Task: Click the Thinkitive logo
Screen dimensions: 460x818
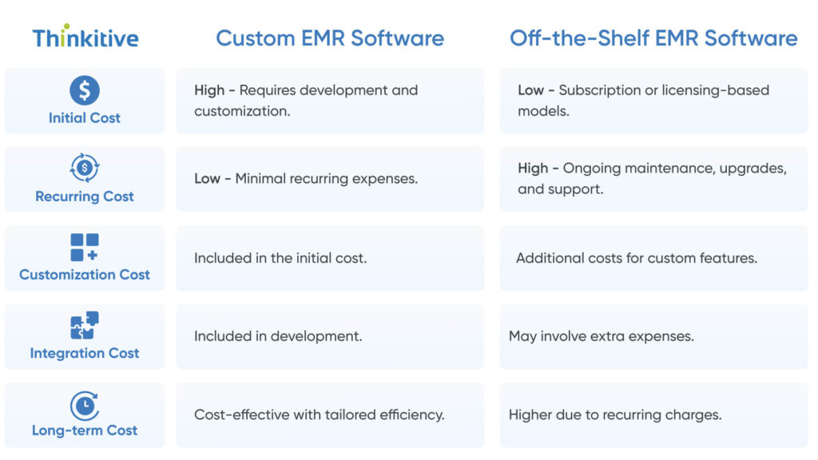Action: click(x=85, y=38)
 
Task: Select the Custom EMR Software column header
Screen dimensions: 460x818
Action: click(x=330, y=38)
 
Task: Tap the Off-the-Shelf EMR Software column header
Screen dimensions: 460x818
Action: click(x=653, y=38)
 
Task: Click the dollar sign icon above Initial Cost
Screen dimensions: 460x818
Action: click(x=85, y=90)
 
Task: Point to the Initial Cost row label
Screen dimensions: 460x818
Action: click(x=85, y=117)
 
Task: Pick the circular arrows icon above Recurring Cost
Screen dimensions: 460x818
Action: click(x=85, y=169)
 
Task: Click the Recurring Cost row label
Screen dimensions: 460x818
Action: click(x=85, y=196)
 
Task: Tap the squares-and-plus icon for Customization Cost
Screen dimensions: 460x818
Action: click(x=85, y=247)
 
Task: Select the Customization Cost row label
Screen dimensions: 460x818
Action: click(x=85, y=275)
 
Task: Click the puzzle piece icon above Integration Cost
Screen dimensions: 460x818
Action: click(x=85, y=325)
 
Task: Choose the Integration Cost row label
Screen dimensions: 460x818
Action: click(x=85, y=353)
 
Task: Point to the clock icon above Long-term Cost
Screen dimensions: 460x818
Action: click(x=85, y=406)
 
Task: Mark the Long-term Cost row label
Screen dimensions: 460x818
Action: click(x=85, y=430)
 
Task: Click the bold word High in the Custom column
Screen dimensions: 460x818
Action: click(x=209, y=90)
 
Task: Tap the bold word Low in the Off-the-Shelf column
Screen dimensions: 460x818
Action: click(x=530, y=90)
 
